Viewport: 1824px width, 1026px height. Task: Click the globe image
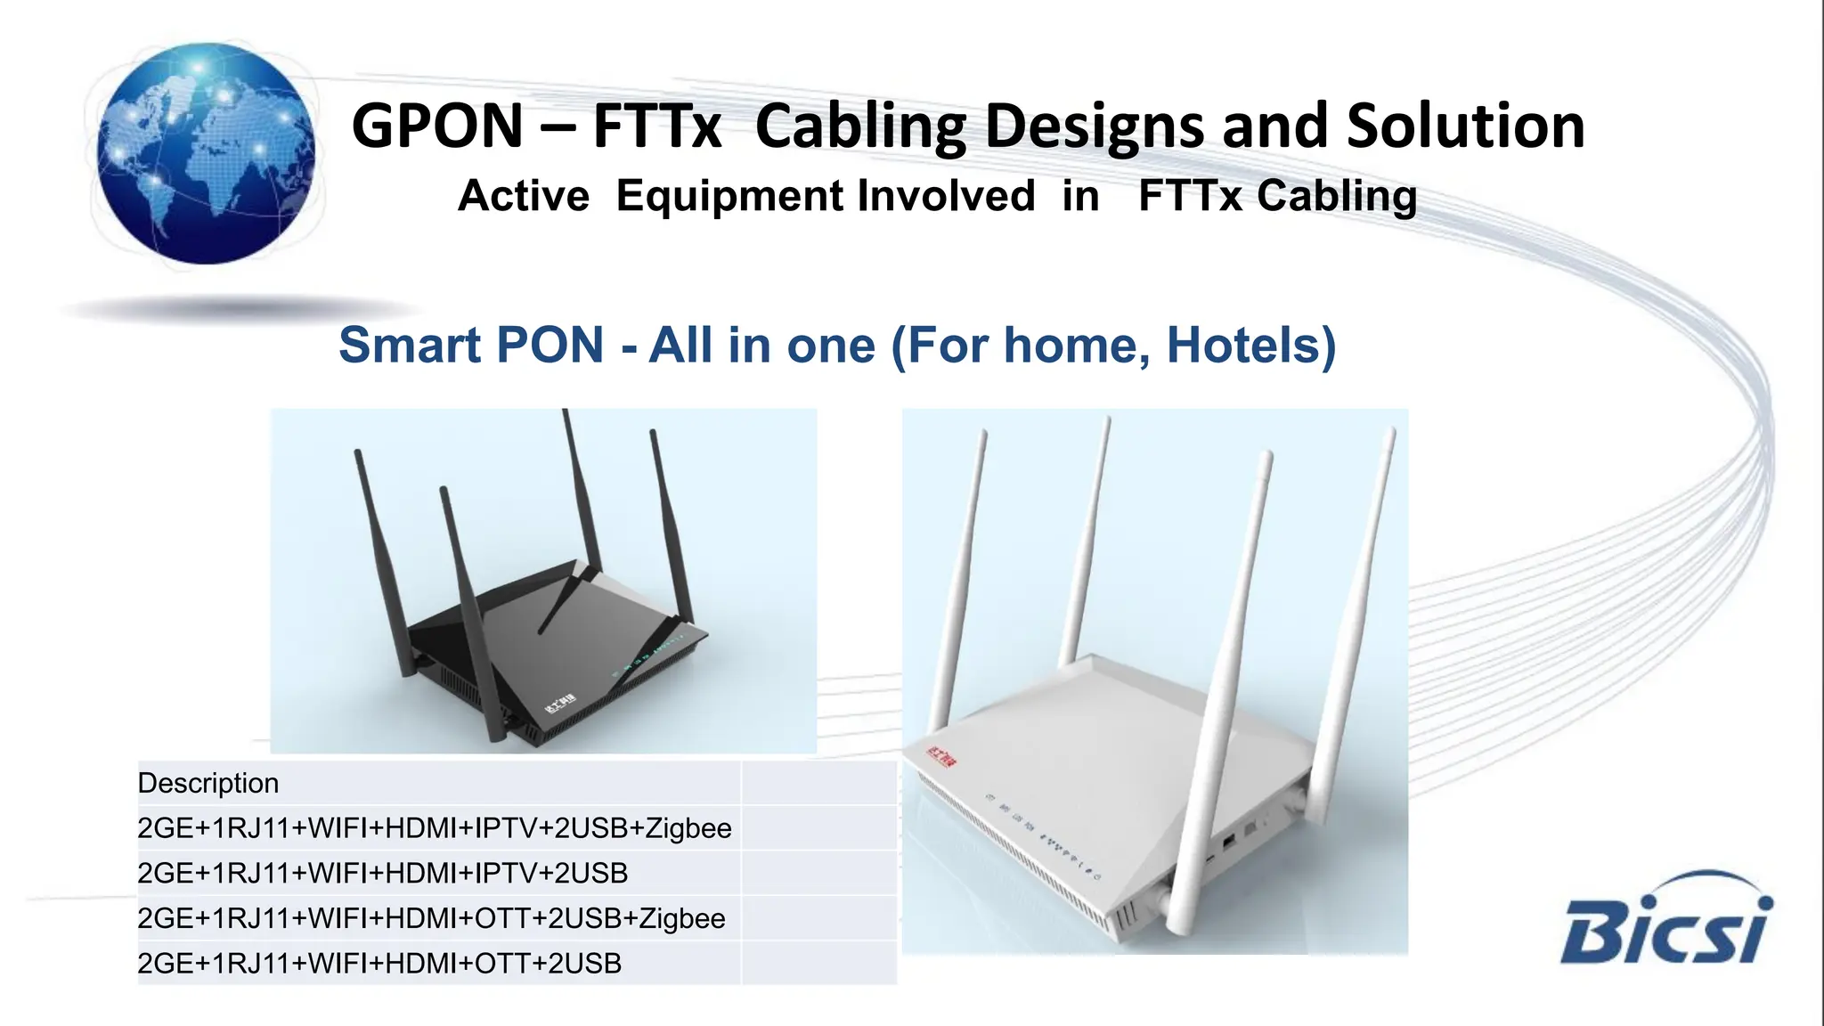pos(206,153)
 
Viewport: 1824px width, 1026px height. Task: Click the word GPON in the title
pos(437,126)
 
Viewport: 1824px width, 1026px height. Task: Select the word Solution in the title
pos(1465,126)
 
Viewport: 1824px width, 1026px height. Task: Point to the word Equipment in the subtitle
pos(825,196)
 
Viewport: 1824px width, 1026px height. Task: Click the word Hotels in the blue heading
pos(1250,345)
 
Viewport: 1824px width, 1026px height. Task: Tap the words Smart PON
pos(471,345)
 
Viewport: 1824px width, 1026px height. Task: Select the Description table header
pos(208,783)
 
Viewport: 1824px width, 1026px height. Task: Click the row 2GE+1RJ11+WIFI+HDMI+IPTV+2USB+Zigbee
pos(434,828)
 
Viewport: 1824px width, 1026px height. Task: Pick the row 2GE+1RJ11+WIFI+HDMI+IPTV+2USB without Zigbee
pos(382,873)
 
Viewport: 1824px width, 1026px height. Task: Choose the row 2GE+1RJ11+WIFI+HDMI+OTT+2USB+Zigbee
pos(431,918)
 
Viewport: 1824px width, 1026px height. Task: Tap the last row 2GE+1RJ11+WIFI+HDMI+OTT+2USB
pos(379,963)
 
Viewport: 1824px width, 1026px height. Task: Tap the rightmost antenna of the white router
pos(1360,606)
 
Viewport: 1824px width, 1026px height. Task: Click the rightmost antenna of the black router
pos(671,525)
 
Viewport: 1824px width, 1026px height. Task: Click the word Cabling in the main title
pos(861,126)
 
